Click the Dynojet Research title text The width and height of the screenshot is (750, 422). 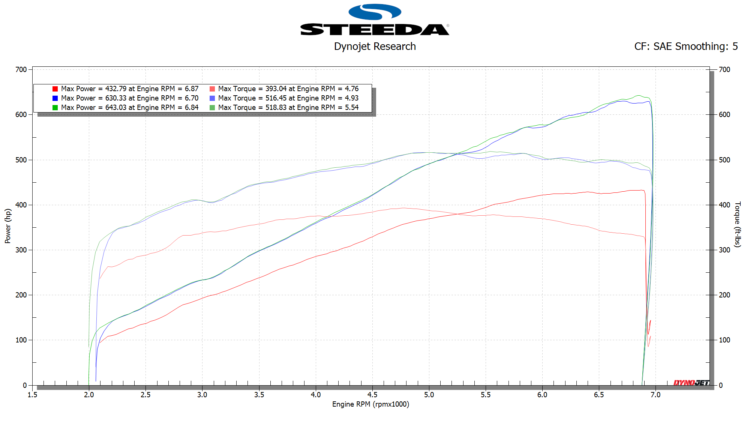[375, 47]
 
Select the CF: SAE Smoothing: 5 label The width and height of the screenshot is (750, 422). [685, 47]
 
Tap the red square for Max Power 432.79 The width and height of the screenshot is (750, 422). [55, 89]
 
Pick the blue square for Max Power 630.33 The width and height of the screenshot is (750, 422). [55, 98]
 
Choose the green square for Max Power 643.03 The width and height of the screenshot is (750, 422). [55, 108]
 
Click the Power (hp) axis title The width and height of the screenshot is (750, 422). [8, 226]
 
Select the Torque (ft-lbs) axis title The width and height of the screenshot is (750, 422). [737, 224]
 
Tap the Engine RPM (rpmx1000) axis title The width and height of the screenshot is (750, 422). [370, 404]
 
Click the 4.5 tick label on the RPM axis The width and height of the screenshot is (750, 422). [372, 395]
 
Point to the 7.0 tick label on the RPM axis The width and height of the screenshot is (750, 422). [655, 395]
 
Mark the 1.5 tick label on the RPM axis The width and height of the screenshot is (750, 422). [33, 395]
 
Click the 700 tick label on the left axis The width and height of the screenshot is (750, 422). [21, 70]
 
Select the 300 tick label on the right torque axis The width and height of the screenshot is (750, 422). [724, 250]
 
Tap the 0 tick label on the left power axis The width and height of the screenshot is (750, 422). [25, 386]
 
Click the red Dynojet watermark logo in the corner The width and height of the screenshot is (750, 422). [691, 383]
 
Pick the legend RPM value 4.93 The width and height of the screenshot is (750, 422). [351, 98]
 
